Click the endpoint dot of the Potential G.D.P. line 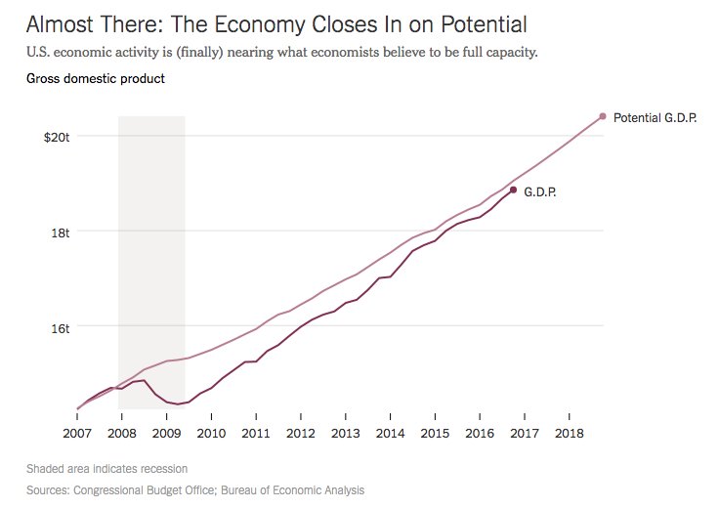point(603,116)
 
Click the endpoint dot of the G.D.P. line point(513,190)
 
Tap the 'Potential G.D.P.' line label point(655,117)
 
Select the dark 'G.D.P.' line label point(540,192)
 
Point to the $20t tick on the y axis point(57,137)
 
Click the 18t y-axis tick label point(62,233)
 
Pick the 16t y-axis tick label point(62,328)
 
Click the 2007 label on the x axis point(76,432)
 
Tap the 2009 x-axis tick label point(166,432)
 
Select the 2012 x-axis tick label point(300,432)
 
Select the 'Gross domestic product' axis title point(89,78)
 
